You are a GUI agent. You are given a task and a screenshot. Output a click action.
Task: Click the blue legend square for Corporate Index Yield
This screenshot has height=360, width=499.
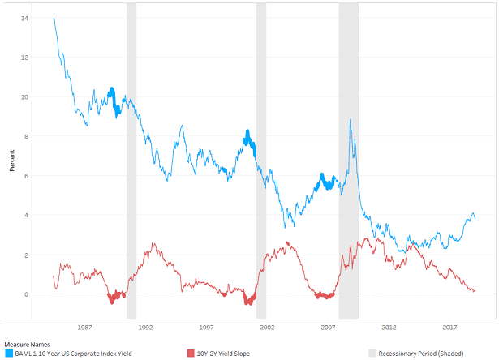pos(8,353)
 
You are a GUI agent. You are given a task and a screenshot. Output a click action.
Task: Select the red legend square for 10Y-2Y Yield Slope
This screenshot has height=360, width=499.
pos(191,353)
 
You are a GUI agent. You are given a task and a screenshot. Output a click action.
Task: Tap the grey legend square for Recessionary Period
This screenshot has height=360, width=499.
pos(373,353)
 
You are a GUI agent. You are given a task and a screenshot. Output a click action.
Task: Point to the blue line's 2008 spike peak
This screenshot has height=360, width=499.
pos(350,120)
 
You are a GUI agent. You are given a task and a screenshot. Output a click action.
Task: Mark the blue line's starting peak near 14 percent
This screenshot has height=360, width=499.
pos(54,18)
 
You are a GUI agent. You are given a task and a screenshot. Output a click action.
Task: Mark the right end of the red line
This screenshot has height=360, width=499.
pos(475,291)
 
